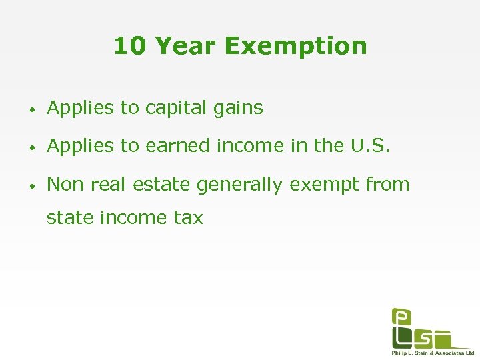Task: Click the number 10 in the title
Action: point(130,46)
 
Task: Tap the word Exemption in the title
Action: point(295,46)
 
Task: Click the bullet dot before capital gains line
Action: point(32,109)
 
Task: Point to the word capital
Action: point(168,108)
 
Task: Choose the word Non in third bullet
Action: point(64,185)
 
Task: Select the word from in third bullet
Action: point(388,185)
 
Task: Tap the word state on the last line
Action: point(67,217)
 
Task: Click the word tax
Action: point(188,217)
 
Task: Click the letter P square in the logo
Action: point(401,317)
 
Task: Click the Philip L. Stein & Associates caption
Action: point(433,353)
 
